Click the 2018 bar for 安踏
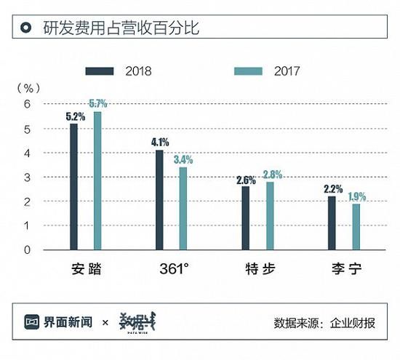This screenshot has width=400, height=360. [x=73, y=187]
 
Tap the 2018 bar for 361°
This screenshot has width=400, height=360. [x=159, y=200]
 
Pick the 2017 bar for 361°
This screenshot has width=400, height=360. [x=183, y=209]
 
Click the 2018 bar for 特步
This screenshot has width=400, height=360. [x=245, y=218]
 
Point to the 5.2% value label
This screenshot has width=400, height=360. [x=73, y=116]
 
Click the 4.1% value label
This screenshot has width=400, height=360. [x=159, y=143]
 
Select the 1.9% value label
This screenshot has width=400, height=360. [x=356, y=196]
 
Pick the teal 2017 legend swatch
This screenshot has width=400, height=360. [x=248, y=71]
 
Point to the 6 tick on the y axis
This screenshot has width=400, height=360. [x=27, y=105]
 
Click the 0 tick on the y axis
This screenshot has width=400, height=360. [x=27, y=249]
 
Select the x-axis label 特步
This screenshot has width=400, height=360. [x=258, y=270]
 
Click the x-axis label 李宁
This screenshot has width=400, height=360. [x=343, y=270]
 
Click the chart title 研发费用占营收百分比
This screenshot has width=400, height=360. [x=121, y=30]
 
